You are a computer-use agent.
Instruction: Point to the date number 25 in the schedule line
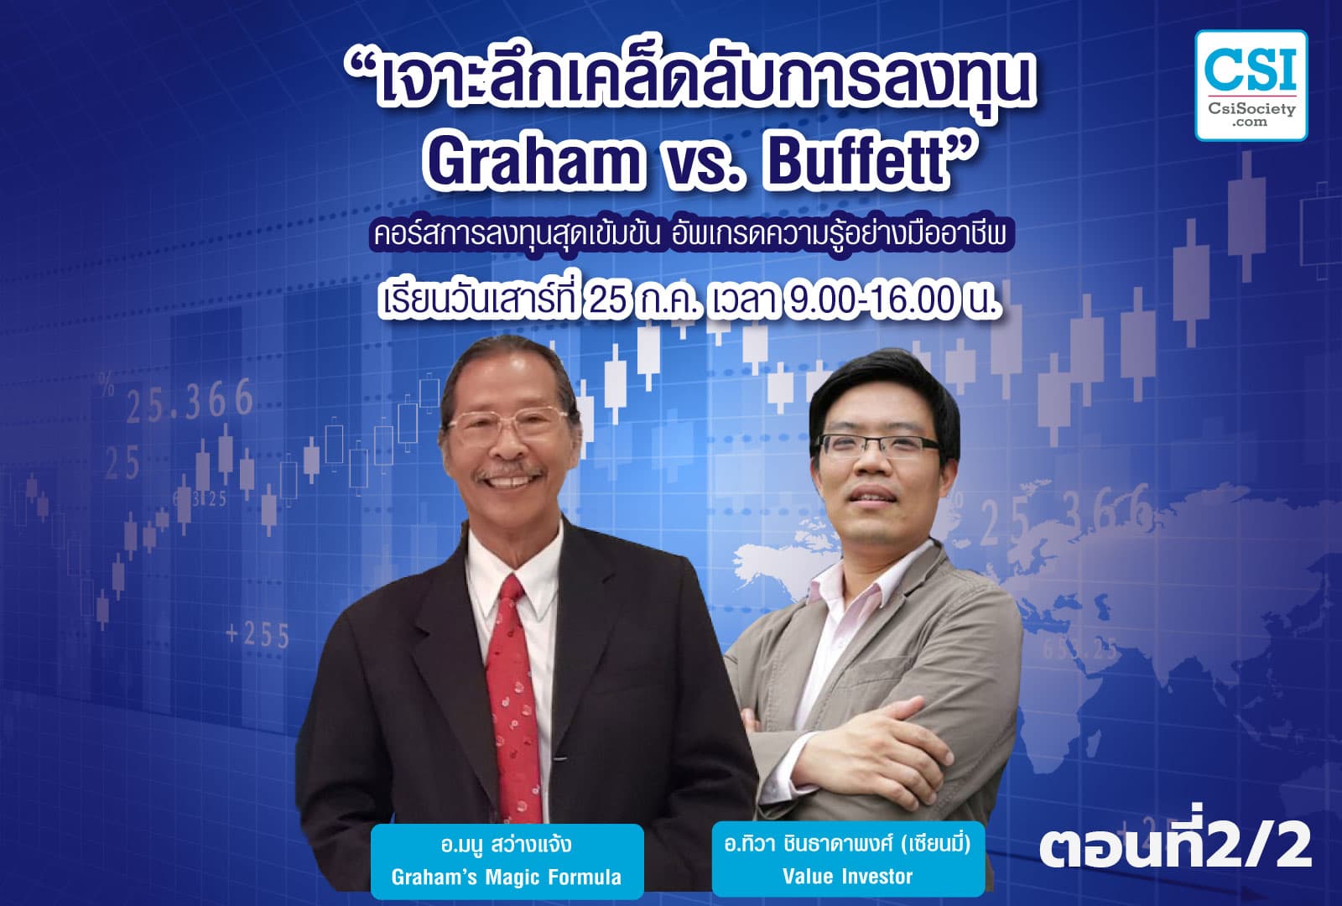pyautogui.click(x=609, y=300)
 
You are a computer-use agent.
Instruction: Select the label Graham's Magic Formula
pyautogui.click(x=507, y=877)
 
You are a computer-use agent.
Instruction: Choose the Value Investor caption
pyautogui.click(x=847, y=877)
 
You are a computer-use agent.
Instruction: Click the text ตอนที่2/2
pyautogui.click(x=1175, y=849)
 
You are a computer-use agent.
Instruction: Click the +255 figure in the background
pyautogui.click(x=257, y=635)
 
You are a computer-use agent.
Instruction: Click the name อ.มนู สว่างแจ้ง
pyautogui.click(x=507, y=843)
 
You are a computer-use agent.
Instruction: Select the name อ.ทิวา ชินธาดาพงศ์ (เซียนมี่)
pyautogui.click(x=847, y=843)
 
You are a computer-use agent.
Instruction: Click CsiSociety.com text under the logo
pyautogui.click(x=1251, y=115)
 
